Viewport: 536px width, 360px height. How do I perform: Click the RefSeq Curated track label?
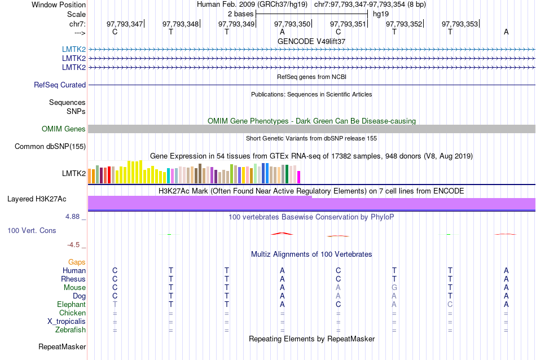point(60,85)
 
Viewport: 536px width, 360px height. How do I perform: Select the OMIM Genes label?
point(64,129)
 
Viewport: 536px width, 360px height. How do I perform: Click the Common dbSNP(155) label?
point(50,147)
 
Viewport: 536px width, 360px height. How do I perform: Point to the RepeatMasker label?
point(62,346)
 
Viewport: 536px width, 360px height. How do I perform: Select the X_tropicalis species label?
point(67,322)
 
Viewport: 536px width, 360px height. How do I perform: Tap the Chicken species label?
point(72,313)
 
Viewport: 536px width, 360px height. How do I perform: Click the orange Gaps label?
point(77,262)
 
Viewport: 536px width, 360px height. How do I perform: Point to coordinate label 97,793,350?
point(292,24)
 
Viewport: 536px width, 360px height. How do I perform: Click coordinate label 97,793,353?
point(460,24)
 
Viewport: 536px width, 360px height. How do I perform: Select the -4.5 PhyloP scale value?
point(74,245)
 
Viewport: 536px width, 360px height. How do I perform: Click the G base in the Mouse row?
point(394,288)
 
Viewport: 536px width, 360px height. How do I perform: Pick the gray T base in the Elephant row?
point(115,305)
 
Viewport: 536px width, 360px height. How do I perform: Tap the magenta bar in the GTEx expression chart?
point(299,177)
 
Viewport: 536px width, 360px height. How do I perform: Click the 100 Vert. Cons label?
point(32,231)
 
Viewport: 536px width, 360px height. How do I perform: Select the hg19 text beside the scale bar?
point(381,14)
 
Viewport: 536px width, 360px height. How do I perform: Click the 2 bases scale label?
point(240,14)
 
